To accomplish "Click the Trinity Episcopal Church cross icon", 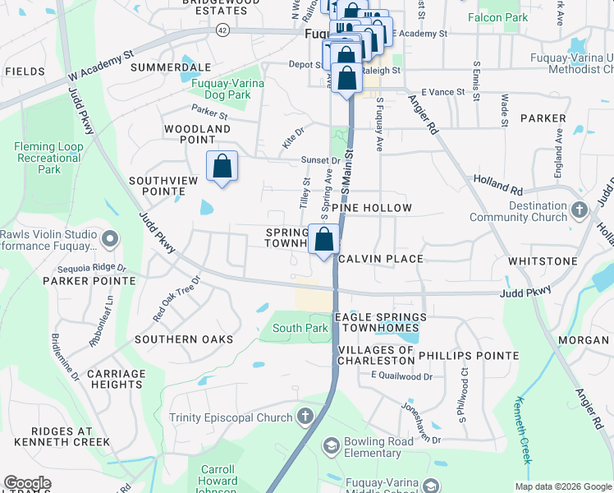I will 306,417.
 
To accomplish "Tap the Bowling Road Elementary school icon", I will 331,446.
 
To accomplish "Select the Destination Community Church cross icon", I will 580,210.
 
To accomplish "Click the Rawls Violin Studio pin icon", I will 112,240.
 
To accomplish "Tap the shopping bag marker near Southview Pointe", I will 222,167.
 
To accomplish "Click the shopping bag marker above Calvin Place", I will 324,240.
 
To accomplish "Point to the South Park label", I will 300,328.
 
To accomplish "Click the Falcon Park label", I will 497,16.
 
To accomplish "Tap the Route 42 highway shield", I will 222,30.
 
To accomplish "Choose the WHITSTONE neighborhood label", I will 543,260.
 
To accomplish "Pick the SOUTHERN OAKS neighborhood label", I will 184,339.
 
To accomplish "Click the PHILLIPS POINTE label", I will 469,356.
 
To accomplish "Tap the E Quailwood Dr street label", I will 401,376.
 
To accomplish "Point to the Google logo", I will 27,483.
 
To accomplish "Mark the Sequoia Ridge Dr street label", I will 92,268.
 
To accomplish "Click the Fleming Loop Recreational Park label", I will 48,158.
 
